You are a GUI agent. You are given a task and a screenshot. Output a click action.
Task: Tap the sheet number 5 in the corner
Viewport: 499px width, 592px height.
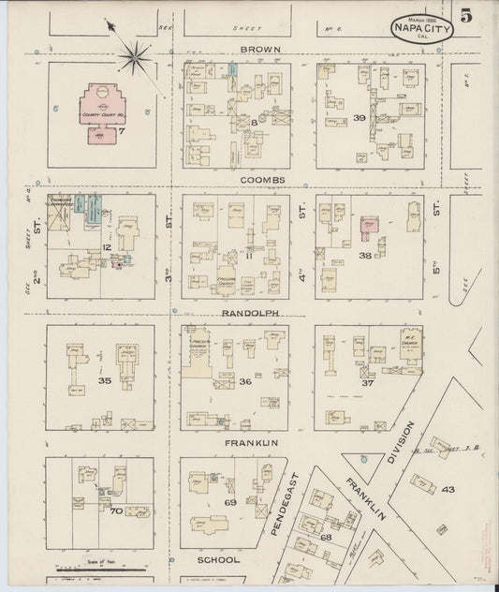tap(465, 17)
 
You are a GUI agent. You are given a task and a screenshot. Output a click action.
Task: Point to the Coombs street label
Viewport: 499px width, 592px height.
tap(261, 179)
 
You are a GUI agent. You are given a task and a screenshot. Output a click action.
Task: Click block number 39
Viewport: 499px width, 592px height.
tap(360, 117)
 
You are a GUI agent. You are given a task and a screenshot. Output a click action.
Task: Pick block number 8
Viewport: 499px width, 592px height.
tap(254, 123)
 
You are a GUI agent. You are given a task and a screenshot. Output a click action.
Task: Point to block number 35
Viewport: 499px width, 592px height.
tap(105, 380)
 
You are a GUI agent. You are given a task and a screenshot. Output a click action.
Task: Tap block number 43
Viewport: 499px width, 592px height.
tap(448, 489)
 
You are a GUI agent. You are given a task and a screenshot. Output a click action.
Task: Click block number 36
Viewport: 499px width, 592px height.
tap(245, 380)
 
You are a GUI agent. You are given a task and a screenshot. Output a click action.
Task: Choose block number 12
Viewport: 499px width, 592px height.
tap(108, 246)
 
